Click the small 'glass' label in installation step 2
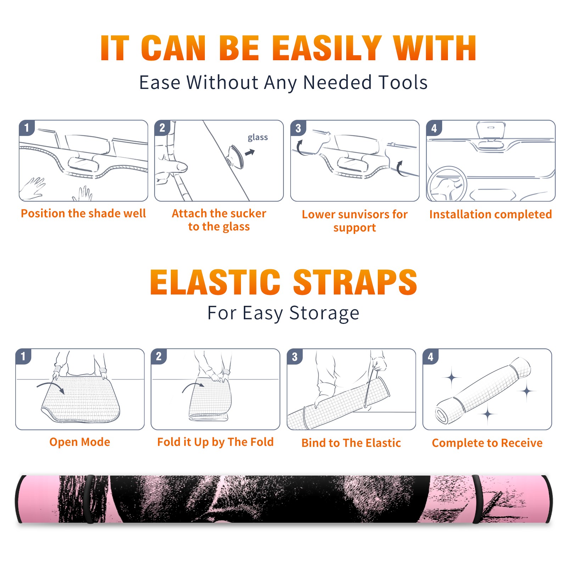pyautogui.click(x=258, y=137)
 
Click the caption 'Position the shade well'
pyautogui.click(x=83, y=213)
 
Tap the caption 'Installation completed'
pyautogui.click(x=490, y=214)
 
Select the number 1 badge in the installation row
pyautogui.click(x=27, y=128)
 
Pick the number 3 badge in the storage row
pyautogui.click(x=294, y=357)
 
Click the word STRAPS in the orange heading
pyautogui.click(x=355, y=282)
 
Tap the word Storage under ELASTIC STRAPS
pyautogui.click(x=324, y=313)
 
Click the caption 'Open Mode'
pyautogui.click(x=80, y=442)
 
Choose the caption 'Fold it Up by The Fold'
pyautogui.click(x=215, y=442)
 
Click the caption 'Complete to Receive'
pyautogui.click(x=487, y=443)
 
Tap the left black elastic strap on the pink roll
pyautogui.click(x=89, y=499)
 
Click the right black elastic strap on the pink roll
pyautogui.click(x=477, y=499)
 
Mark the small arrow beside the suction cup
pyautogui.click(x=250, y=153)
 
